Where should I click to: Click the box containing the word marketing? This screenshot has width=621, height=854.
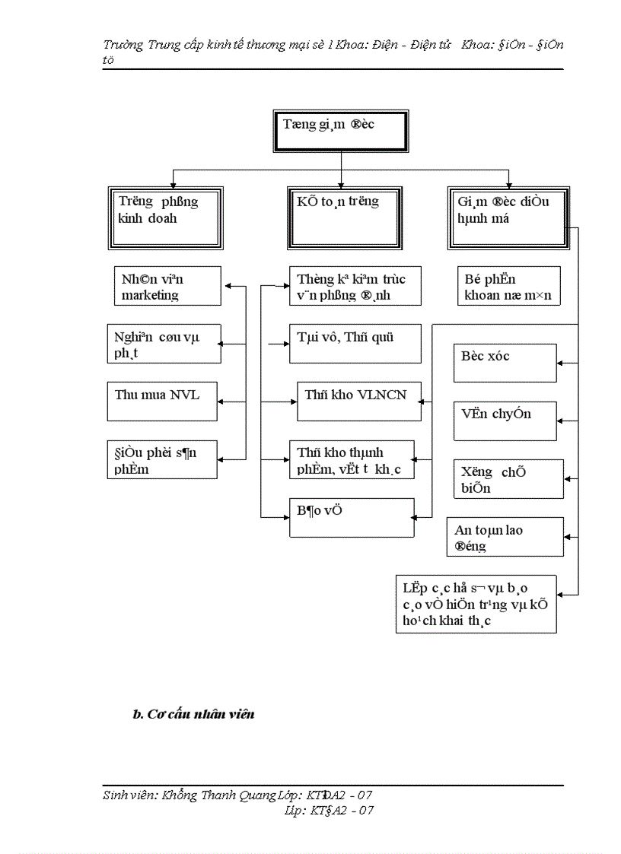pos(167,286)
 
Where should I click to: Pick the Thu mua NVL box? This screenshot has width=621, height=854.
pos(163,402)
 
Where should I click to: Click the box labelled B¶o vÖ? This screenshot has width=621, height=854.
pos(352,517)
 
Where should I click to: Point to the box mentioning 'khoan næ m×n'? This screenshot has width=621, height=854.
pos(508,286)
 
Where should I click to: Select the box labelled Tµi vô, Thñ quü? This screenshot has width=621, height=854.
pos(355,344)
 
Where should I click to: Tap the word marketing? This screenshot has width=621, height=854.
pos(150,295)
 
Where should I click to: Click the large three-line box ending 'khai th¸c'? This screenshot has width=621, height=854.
pos(476,604)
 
